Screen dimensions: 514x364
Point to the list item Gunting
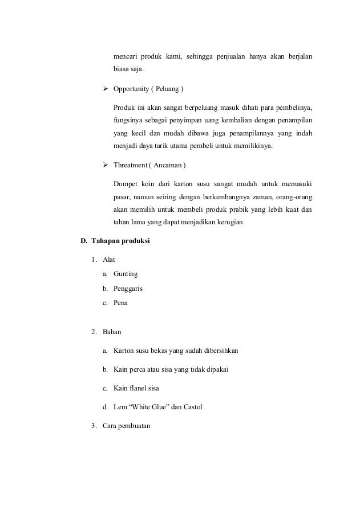point(126,274)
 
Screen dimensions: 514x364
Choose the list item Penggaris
point(128,289)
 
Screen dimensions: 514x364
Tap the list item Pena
point(120,303)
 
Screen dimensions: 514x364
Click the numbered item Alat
point(108,260)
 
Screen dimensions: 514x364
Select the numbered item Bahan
point(112,331)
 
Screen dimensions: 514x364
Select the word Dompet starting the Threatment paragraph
point(126,183)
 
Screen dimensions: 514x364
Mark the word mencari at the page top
point(127,56)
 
